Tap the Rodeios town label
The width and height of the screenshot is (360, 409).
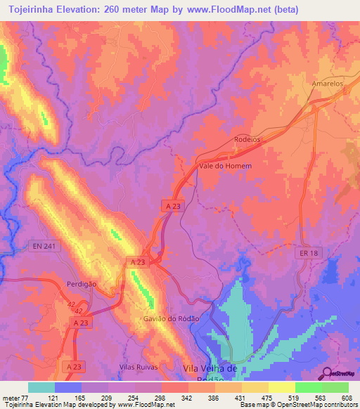pyautogui.click(x=247, y=139)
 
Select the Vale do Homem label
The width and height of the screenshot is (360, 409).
pyautogui.click(x=225, y=166)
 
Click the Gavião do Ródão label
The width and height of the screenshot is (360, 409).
pyautogui.click(x=171, y=318)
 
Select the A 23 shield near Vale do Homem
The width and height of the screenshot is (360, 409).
pyautogui.click(x=174, y=206)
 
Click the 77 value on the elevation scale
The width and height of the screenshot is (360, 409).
pyautogui.click(x=24, y=397)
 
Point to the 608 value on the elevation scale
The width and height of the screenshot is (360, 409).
pyautogui.click(x=346, y=397)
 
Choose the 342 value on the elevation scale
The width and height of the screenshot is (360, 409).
pyautogui.click(x=186, y=397)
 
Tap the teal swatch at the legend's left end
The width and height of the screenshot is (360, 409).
pyautogui.click(x=41, y=387)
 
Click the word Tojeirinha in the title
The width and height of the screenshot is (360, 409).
pyautogui.click(x=29, y=10)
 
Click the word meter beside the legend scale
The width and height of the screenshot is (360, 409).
pyautogui.click(x=10, y=397)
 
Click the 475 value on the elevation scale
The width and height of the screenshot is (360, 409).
pyautogui.click(x=266, y=397)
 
